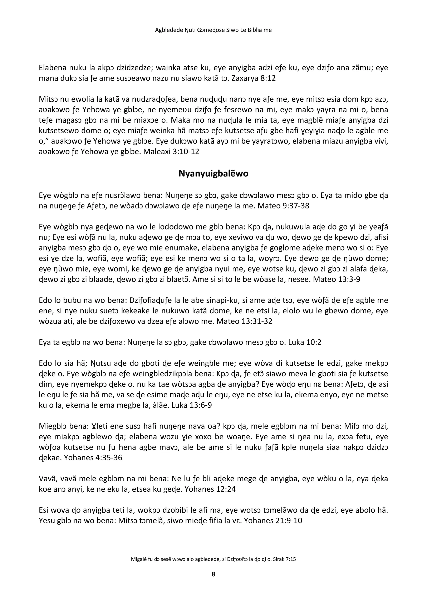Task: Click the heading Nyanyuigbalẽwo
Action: [213, 174]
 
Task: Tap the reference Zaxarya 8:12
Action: [254, 78]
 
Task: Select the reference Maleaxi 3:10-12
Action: [171, 152]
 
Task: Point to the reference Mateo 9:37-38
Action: [283, 206]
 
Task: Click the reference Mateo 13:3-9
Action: [337, 279]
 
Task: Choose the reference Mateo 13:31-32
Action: [244, 321]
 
